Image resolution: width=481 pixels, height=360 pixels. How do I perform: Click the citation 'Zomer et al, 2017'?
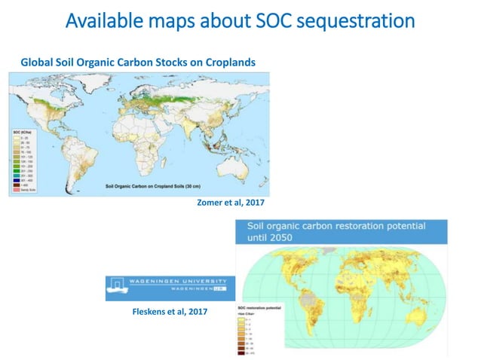[x=231, y=203]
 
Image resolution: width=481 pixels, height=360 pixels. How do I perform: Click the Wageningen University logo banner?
[x=170, y=287]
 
